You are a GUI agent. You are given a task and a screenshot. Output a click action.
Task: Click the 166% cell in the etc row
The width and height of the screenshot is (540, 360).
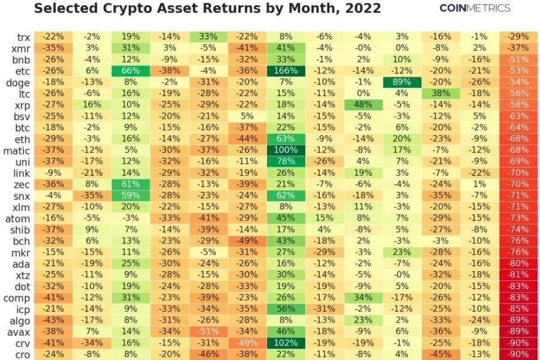coord(286,71)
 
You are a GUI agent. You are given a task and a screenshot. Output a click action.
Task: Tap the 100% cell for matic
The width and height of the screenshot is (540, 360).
coord(286,150)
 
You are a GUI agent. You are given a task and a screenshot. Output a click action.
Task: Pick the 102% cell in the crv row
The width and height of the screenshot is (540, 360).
coord(286,343)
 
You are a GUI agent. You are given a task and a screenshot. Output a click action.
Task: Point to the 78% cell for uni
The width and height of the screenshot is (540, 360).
coord(286,161)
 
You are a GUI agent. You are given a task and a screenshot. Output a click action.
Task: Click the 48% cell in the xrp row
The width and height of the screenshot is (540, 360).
coord(363,104)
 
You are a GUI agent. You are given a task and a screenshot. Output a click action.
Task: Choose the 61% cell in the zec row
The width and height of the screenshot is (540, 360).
coord(130,184)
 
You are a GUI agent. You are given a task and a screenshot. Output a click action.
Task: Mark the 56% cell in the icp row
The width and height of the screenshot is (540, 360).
coord(286,309)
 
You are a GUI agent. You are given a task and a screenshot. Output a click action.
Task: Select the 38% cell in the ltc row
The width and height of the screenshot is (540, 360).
coord(441,93)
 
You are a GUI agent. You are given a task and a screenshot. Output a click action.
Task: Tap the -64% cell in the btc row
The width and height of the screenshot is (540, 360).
coord(518,127)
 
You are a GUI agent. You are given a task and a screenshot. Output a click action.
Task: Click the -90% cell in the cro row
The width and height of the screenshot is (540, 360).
coord(518,354)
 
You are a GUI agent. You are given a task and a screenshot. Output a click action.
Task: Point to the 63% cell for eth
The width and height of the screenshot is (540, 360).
coord(286,139)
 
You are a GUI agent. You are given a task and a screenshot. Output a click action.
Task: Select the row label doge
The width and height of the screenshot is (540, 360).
coord(18,82)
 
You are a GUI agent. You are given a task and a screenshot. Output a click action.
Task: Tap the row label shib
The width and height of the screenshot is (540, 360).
coord(19,229)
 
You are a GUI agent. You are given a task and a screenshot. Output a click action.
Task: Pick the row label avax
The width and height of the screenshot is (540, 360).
coord(19,332)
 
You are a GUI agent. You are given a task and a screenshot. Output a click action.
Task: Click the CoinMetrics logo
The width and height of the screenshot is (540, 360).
coord(475,8)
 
